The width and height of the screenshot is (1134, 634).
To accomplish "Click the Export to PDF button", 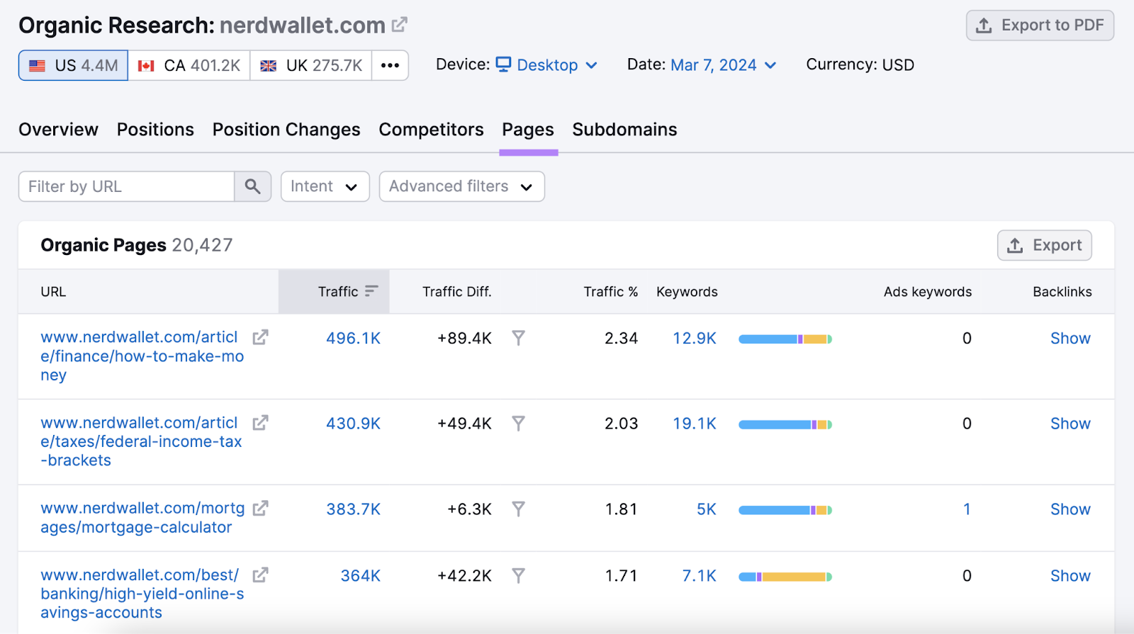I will pos(1040,26).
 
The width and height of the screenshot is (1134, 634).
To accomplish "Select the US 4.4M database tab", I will pos(74,65).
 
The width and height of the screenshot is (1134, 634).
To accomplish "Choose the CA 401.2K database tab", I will pos(189,65).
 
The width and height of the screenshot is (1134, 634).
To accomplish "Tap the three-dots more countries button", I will pos(390,65).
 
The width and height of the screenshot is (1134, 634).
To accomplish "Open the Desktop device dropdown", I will pos(546,65).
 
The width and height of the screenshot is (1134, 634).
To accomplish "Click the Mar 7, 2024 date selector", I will pos(723,65).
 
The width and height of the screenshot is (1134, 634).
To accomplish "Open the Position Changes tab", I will pos(286,130).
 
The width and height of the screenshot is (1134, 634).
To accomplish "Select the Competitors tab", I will pos(431,130).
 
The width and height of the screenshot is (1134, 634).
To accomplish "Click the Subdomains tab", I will pos(624,130).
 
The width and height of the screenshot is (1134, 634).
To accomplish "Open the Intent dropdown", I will pos(325,186).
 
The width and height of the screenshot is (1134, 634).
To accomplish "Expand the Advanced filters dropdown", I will pos(461,186).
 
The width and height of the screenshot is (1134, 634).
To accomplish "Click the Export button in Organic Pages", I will pos(1044,245).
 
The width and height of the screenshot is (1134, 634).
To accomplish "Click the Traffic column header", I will pos(338,292).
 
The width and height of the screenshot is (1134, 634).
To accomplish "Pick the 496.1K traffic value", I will pos(353,339).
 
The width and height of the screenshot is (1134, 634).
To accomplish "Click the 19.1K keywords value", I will pos(694,424).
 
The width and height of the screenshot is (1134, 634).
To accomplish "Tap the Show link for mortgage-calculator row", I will pos(1070,509).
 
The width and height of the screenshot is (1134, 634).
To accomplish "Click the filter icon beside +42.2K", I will pos(519,576).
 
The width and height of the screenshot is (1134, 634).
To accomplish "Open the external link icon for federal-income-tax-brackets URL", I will pos(261,423).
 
